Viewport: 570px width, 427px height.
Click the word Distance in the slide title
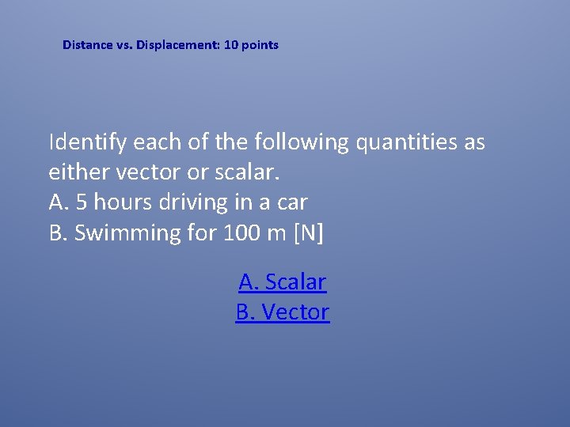coord(88,45)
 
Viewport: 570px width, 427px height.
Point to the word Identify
coord(88,143)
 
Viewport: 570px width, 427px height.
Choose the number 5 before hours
coord(81,202)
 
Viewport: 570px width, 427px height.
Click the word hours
coord(122,202)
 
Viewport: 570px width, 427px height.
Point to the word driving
coord(193,202)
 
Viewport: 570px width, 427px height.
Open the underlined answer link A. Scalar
coord(283,282)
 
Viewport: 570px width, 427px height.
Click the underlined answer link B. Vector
coord(283,312)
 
